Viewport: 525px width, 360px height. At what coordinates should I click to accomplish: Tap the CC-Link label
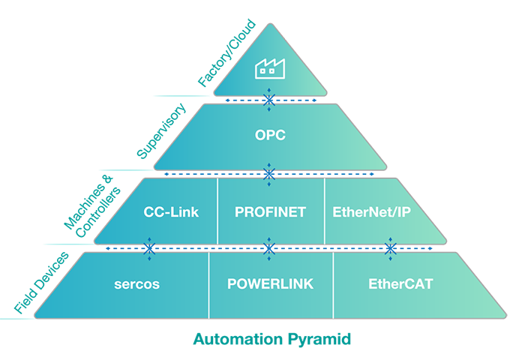(171, 211)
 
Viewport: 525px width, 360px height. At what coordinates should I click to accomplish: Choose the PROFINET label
(270, 211)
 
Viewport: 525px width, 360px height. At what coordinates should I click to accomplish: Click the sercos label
(138, 284)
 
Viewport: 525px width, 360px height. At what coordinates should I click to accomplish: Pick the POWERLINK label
(270, 284)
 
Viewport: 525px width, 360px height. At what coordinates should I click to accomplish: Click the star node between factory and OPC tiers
(268, 99)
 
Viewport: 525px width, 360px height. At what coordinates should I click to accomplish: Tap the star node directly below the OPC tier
(268, 174)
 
